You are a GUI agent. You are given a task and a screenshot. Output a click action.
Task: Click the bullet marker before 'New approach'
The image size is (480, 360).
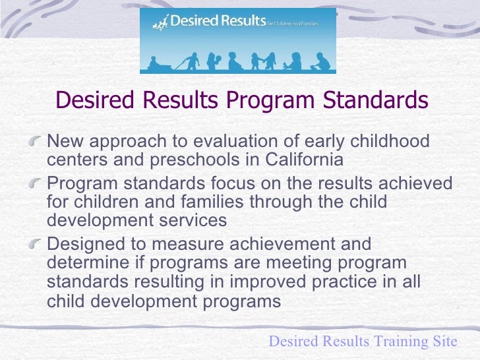click(x=40, y=140)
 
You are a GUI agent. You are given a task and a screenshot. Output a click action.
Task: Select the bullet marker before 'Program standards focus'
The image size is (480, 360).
click(x=40, y=182)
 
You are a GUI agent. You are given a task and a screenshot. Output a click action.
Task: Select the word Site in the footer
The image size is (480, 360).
click(x=444, y=342)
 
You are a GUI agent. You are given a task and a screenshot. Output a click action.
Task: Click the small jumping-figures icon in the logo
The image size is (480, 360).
click(x=160, y=24)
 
